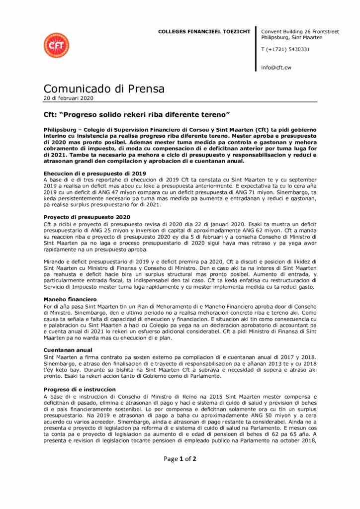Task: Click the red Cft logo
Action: [56, 46]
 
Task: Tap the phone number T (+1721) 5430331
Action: [285, 49]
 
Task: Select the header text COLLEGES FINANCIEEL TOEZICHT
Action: [204, 31]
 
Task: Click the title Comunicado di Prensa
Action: [104, 89]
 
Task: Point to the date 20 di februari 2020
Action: [68, 98]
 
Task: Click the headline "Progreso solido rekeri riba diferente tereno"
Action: [136, 115]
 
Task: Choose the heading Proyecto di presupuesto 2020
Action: [87, 217]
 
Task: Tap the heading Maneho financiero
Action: [70, 300]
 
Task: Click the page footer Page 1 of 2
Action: [180, 459]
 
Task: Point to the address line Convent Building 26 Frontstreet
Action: [300, 31]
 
